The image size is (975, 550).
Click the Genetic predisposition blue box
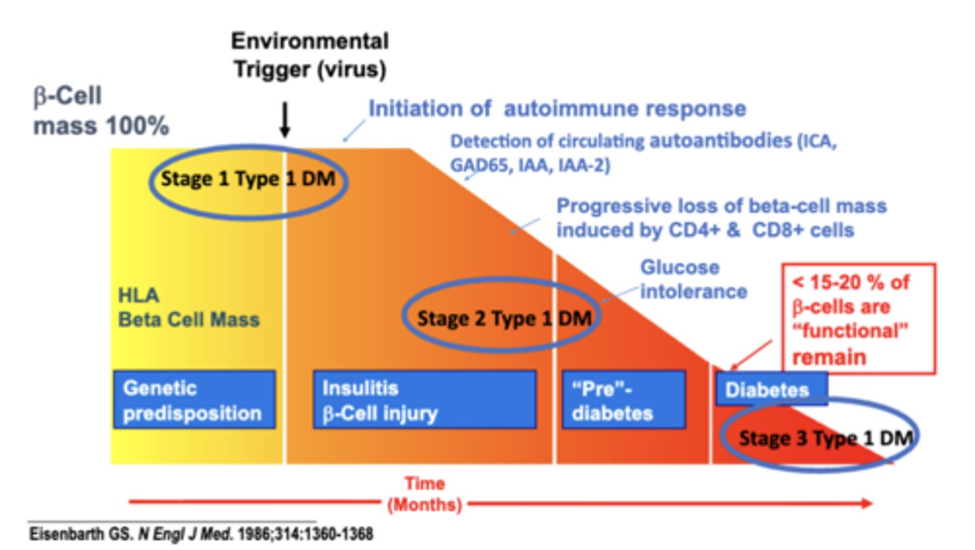(x=194, y=400)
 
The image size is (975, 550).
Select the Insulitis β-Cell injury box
(x=424, y=400)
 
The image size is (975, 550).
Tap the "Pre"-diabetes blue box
(x=623, y=400)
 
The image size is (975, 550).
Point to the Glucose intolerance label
(x=693, y=279)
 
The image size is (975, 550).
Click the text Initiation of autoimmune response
(x=557, y=109)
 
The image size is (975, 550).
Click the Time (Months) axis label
(x=425, y=494)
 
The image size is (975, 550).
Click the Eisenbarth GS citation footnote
(x=200, y=534)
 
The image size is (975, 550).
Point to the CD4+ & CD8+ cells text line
(x=704, y=230)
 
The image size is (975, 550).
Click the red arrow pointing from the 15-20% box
(x=751, y=355)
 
